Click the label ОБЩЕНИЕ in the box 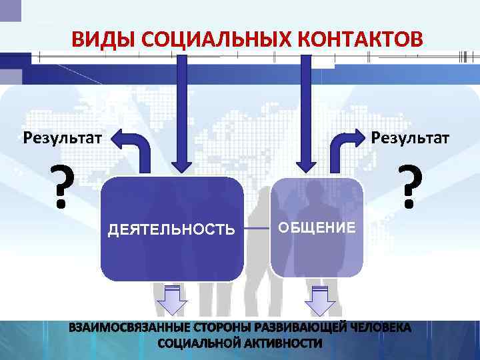click(x=317, y=227)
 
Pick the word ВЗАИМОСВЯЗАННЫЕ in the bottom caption click(x=127, y=329)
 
